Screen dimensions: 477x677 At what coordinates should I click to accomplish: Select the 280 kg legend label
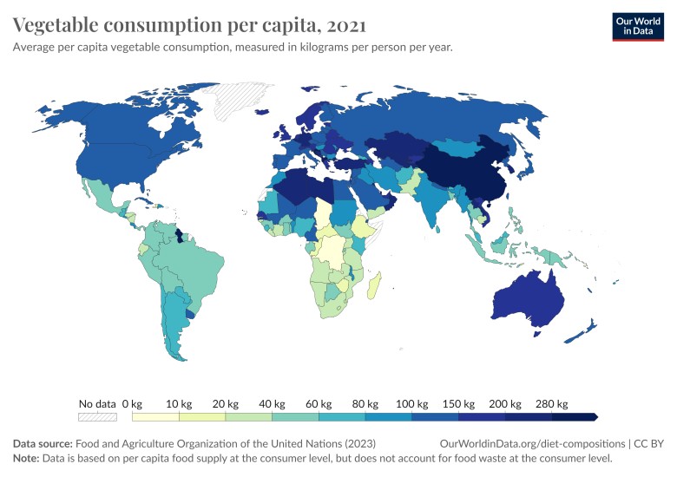coord(551,403)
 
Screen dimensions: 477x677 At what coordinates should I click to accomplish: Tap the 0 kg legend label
coord(132,403)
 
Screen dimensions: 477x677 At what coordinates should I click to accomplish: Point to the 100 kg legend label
coord(412,403)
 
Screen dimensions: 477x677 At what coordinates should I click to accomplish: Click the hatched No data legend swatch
coord(97,417)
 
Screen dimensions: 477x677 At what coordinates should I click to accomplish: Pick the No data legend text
coord(97,403)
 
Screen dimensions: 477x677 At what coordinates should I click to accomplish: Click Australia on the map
coord(525,299)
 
